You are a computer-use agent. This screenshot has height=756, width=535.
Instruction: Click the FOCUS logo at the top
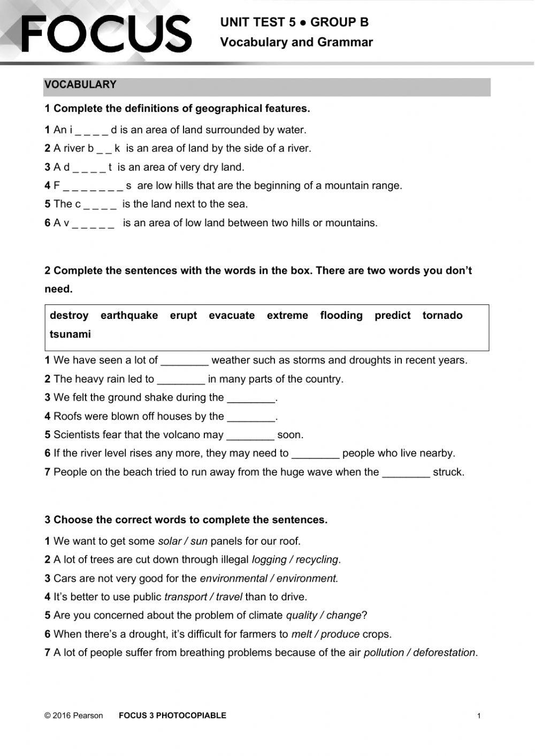[106, 33]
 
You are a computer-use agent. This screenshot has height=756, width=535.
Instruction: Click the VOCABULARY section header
[80, 85]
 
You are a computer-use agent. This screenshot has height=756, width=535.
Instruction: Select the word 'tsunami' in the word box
[70, 334]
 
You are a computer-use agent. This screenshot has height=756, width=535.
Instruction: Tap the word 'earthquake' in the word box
[129, 316]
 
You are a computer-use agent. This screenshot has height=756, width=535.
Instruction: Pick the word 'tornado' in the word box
[442, 316]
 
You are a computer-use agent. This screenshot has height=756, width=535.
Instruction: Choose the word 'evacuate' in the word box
[232, 316]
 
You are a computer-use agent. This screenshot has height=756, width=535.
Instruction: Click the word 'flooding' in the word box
[341, 316]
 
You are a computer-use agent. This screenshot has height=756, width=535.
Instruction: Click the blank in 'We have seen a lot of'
[184, 361]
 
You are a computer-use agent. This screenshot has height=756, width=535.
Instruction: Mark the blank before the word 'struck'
[406, 473]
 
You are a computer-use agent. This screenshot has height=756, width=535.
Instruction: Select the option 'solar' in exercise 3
[170, 541]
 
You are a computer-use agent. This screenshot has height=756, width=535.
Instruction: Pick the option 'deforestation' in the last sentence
[444, 653]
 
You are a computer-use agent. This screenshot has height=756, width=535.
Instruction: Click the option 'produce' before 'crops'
[340, 635]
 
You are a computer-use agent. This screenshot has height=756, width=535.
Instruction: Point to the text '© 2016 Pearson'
[74, 715]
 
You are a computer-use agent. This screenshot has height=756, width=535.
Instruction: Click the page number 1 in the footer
[479, 716]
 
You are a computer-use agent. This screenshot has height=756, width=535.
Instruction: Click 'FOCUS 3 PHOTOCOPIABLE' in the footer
[172, 715]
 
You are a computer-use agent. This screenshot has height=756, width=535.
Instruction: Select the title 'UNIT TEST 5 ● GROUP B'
[294, 22]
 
